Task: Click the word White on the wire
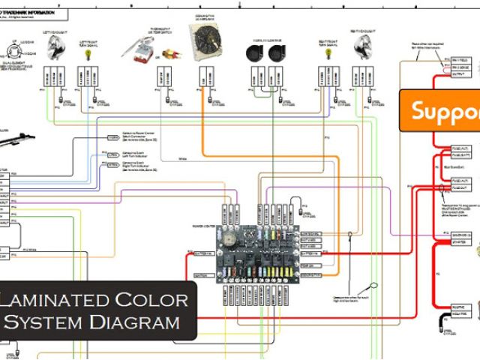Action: [x=183, y=158]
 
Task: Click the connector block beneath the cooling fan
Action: [x=206, y=76]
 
